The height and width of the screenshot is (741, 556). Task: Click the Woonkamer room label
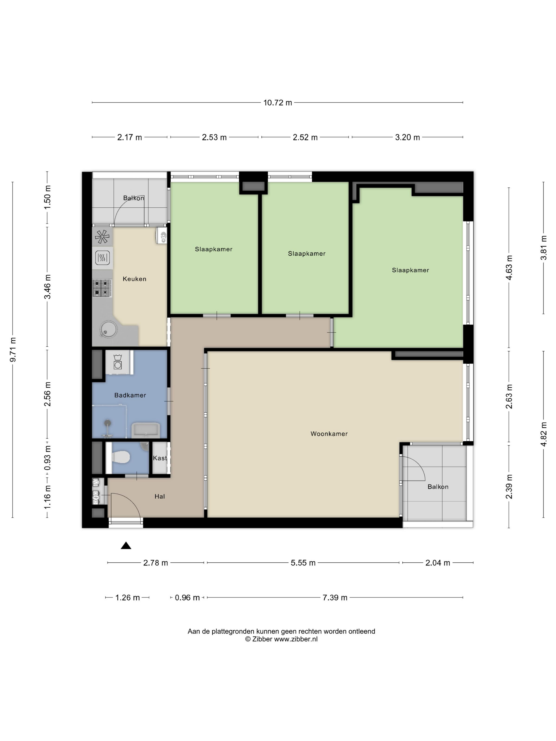pos(329,433)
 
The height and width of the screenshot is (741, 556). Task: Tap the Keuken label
pos(134,279)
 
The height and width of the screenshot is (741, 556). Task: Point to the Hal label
pos(160,496)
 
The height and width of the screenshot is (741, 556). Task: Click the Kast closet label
pos(160,458)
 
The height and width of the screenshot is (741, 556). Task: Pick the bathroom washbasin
pos(146,430)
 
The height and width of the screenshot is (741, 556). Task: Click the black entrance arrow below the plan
pos(126,545)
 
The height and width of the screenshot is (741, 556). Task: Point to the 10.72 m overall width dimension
pos(277,102)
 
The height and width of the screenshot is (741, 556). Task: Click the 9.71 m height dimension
pos(13,350)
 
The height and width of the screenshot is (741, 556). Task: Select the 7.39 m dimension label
pos(335,598)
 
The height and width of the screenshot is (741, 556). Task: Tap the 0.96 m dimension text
pos(187,598)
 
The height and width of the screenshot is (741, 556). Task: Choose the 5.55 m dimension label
pos(303,563)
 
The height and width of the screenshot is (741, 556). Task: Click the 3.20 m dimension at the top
pos(407,137)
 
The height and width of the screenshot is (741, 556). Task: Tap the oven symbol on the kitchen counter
pos(102,258)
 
